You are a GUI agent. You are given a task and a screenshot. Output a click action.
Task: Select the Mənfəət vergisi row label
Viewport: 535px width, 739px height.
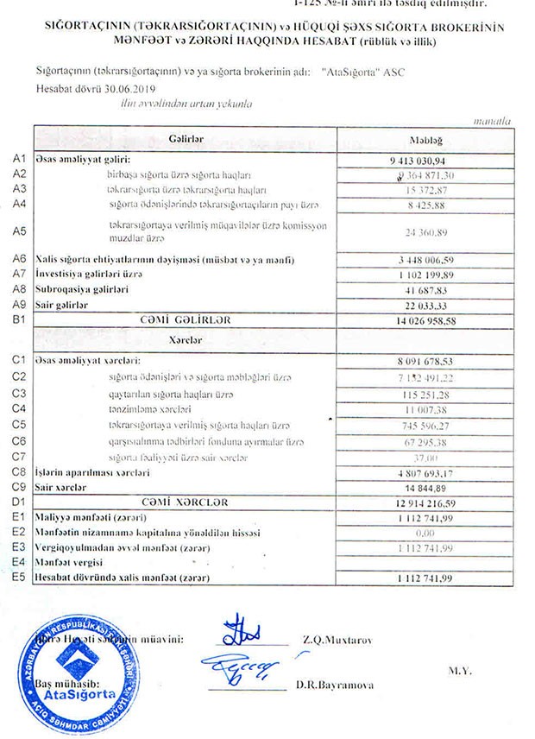(75, 564)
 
